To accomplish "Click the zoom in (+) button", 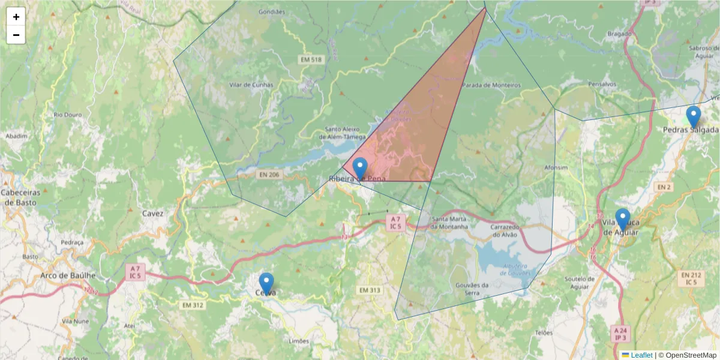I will click(16, 17).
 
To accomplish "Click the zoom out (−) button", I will click(16, 35).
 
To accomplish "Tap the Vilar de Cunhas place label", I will click(251, 85).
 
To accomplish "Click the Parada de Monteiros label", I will click(491, 85).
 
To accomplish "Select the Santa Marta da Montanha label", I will click(449, 223).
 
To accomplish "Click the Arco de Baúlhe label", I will click(68, 275).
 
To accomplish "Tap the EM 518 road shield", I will click(311, 59).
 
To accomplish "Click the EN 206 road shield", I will click(270, 174).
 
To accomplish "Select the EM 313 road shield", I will click(370, 290).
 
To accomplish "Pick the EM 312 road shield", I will click(193, 305).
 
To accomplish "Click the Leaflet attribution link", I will click(641, 355).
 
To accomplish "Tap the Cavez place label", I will click(153, 213).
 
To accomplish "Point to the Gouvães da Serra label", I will click(472, 289).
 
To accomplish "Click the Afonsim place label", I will click(555, 167).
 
